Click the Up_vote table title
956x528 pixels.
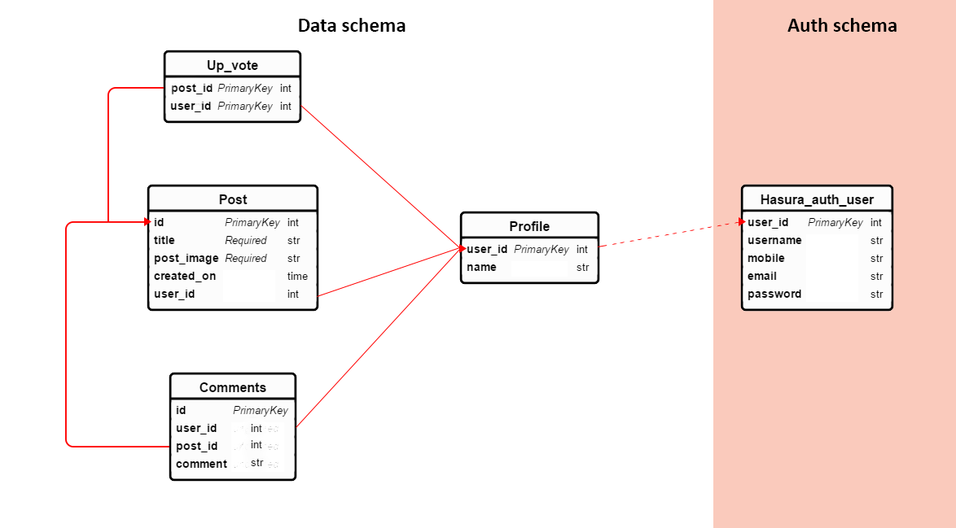[232, 65]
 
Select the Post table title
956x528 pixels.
[233, 199]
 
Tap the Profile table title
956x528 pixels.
[529, 226]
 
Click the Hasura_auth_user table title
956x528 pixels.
[817, 199]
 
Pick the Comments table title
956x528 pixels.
[233, 387]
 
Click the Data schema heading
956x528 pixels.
[352, 25]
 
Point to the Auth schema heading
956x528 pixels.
[842, 25]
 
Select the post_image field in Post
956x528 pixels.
[186, 258]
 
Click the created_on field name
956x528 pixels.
[185, 276]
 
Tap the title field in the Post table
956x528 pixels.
[164, 240]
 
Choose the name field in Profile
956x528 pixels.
[481, 267]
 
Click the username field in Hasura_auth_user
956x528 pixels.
[774, 240]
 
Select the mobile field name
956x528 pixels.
[766, 258]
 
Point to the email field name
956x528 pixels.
[762, 276]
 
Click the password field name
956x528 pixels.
[774, 294]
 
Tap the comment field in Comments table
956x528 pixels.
[201, 464]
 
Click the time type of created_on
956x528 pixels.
[297, 276]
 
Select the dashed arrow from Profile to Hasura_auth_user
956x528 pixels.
[669, 234]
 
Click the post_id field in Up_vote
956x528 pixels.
[191, 88]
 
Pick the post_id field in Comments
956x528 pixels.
[196, 446]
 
